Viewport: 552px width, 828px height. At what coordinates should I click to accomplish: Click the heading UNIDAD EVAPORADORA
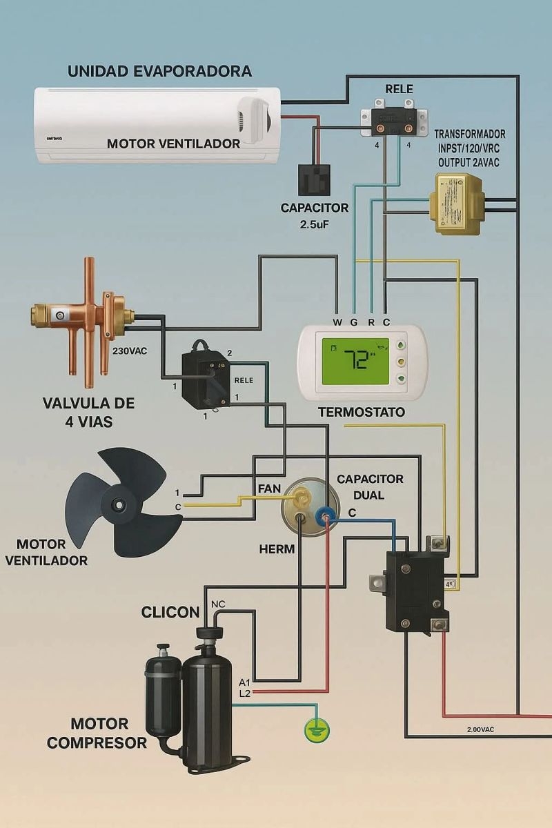tap(159, 71)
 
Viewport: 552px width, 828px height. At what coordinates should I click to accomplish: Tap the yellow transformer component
tap(455, 204)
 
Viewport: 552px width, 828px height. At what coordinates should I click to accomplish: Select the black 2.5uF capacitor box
tap(314, 179)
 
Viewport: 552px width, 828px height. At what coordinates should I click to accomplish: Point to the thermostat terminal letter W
tap(337, 322)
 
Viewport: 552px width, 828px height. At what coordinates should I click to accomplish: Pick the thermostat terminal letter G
tap(353, 322)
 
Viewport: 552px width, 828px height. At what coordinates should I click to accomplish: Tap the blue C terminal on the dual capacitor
tap(325, 515)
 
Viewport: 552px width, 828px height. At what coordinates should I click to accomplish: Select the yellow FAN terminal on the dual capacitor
tap(302, 495)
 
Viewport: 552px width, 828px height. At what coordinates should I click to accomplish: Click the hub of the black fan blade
tap(121, 504)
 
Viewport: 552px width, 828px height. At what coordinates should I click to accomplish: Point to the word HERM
tap(277, 550)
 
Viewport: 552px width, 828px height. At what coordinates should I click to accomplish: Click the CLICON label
tap(170, 612)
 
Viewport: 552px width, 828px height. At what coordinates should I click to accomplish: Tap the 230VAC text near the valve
tap(130, 351)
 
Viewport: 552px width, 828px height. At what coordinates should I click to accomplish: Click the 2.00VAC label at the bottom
tap(480, 729)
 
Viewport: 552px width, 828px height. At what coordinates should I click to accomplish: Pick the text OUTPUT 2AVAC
tap(469, 162)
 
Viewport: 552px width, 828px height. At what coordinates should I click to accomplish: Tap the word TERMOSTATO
tap(361, 412)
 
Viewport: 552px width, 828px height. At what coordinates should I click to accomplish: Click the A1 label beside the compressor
tap(244, 682)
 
